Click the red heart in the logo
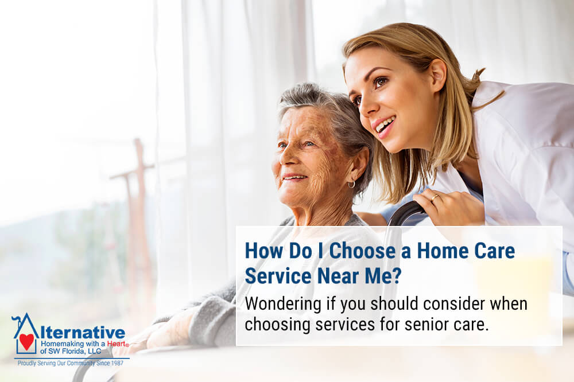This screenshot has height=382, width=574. click(x=26, y=341)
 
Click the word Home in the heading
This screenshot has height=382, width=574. click(x=441, y=251)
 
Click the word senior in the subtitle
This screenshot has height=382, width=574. click(x=426, y=324)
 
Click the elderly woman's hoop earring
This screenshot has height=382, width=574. click(x=351, y=185)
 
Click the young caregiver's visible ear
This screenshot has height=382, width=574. click(x=437, y=75)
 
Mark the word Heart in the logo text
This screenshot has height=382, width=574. click(x=116, y=344)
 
